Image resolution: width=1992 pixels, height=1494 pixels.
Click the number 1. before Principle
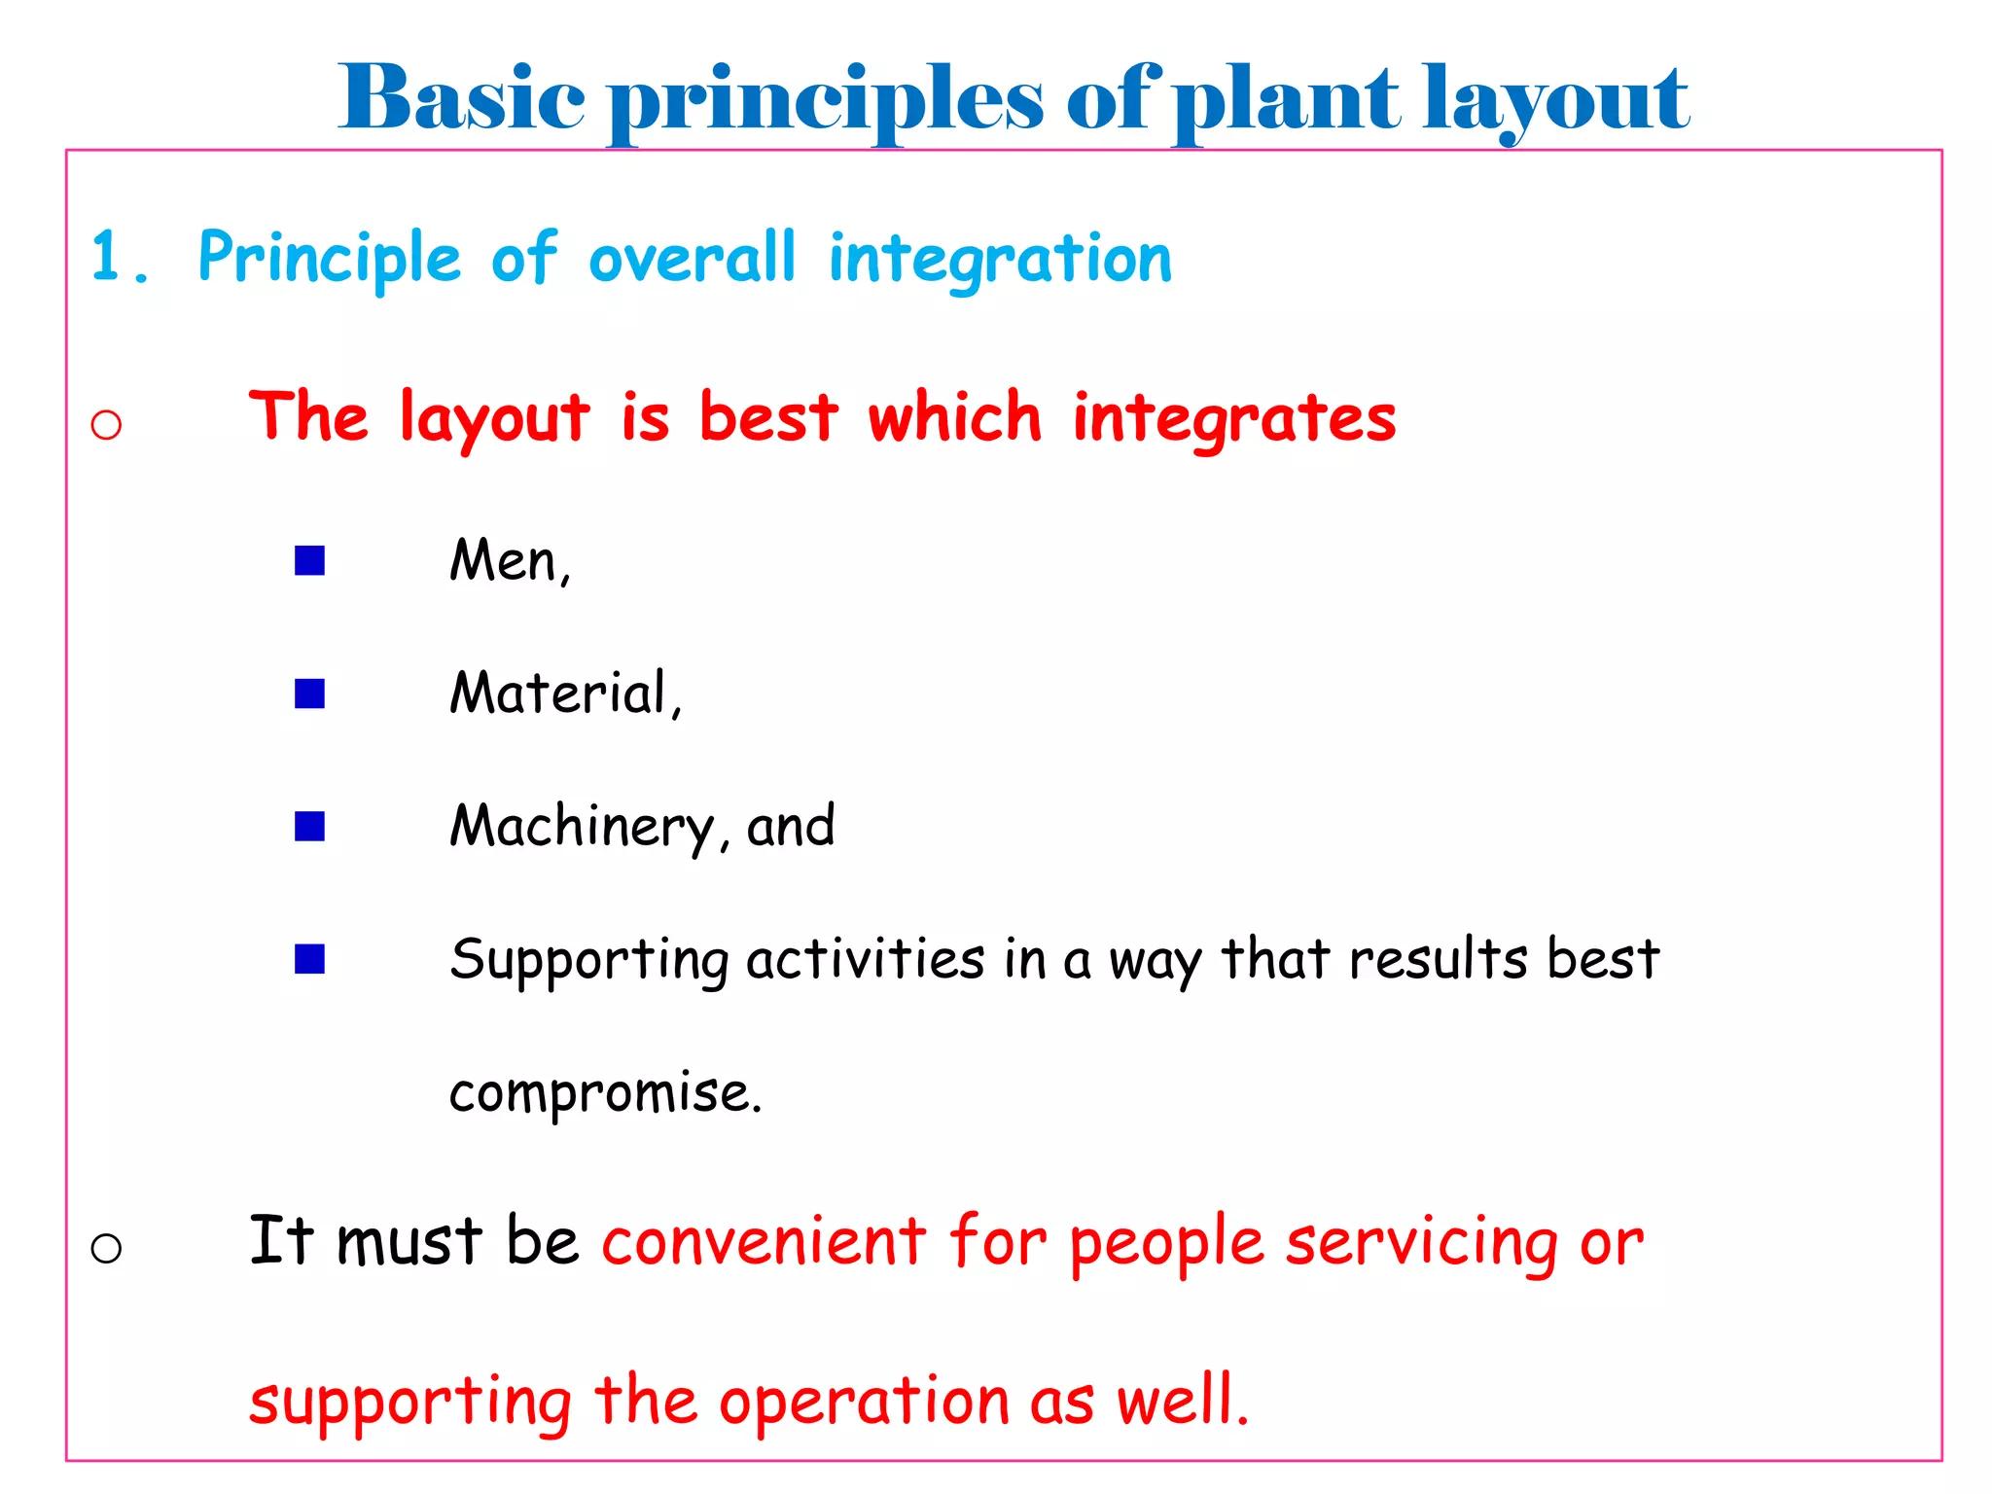click(x=119, y=258)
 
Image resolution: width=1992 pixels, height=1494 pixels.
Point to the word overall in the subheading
click(x=692, y=258)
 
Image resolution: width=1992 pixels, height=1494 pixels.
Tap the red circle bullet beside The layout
click(x=106, y=424)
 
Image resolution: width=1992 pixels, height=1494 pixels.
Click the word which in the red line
click(x=954, y=417)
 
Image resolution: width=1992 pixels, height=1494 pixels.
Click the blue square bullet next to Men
click(x=309, y=560)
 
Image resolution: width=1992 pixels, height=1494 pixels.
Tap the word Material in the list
click(x=558, y=694)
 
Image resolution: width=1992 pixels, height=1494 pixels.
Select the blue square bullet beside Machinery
click(x=309, y=827)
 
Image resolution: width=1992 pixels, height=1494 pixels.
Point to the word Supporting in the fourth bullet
click(x=589, y=961)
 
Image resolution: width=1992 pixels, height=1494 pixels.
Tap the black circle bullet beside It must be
click(x=106, y=1248)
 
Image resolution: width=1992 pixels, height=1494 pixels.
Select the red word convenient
click(x=764, y=1242)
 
